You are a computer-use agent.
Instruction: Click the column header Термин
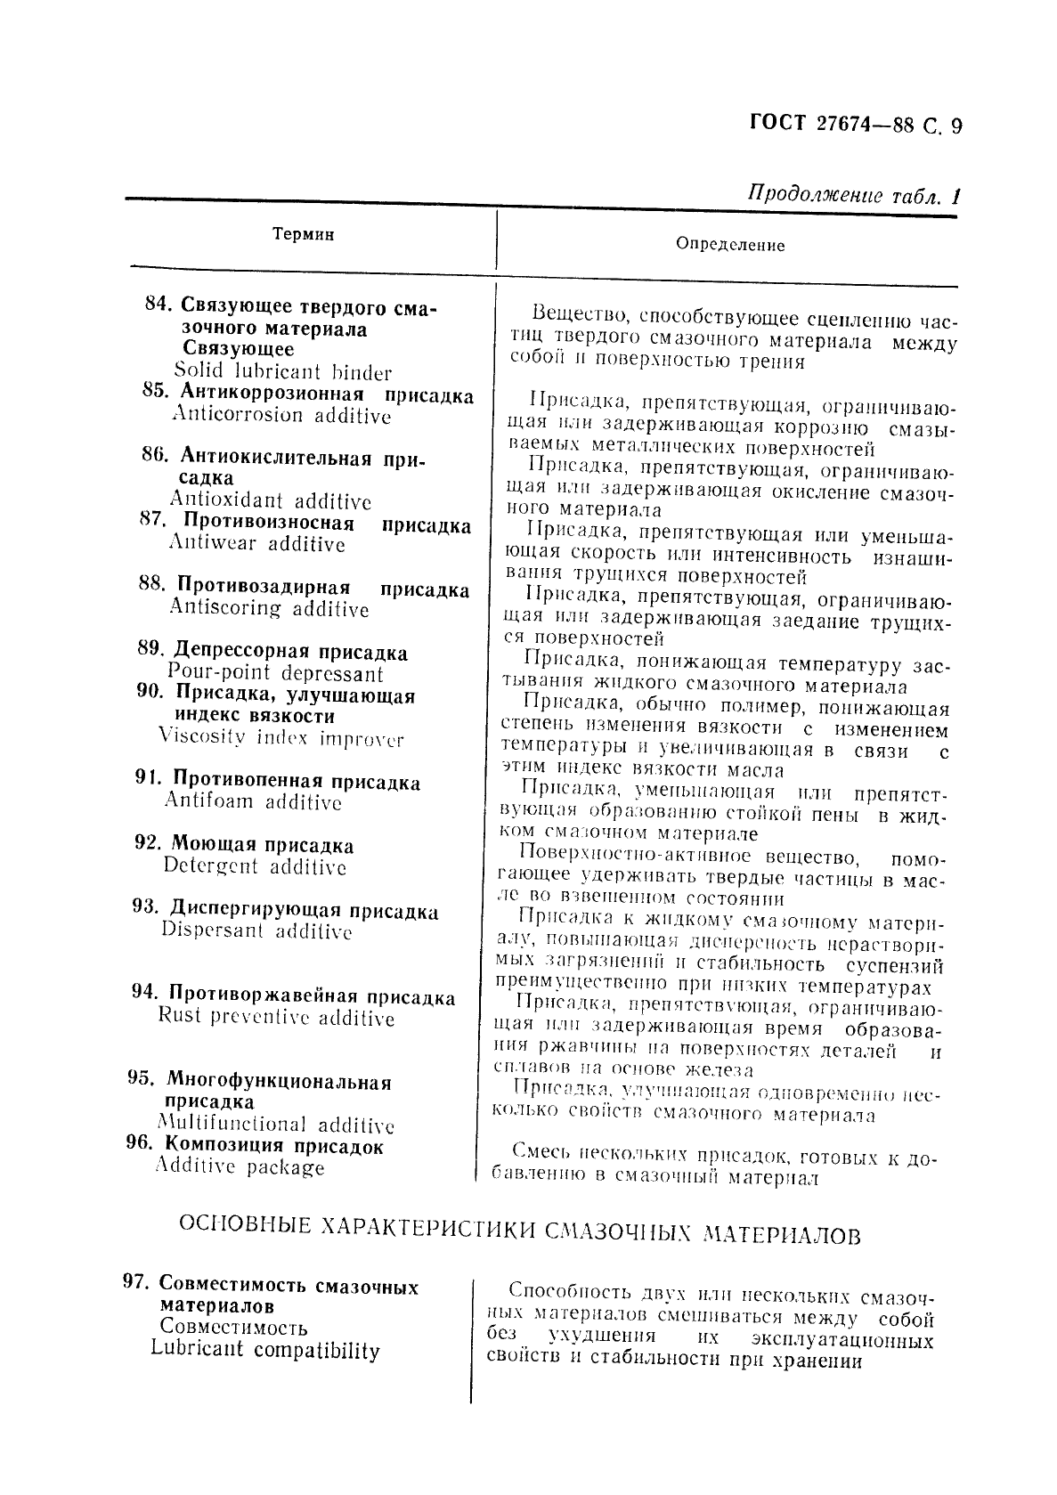303,234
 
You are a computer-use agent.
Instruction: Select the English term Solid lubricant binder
282,372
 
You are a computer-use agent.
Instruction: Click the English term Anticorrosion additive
281,415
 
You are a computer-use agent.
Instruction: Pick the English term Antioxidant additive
271,500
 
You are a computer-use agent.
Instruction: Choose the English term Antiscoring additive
269,608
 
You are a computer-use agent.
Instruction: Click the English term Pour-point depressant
275,673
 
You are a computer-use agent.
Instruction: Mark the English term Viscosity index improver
281,738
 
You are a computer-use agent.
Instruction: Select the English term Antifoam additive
253,801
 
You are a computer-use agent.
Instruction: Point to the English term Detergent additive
255,866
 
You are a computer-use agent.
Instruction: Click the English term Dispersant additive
256,931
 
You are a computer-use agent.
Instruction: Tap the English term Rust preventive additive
276,1017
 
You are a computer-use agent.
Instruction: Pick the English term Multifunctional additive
276,1125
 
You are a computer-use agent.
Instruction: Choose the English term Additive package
240,1166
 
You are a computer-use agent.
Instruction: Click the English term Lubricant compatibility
265,1350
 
